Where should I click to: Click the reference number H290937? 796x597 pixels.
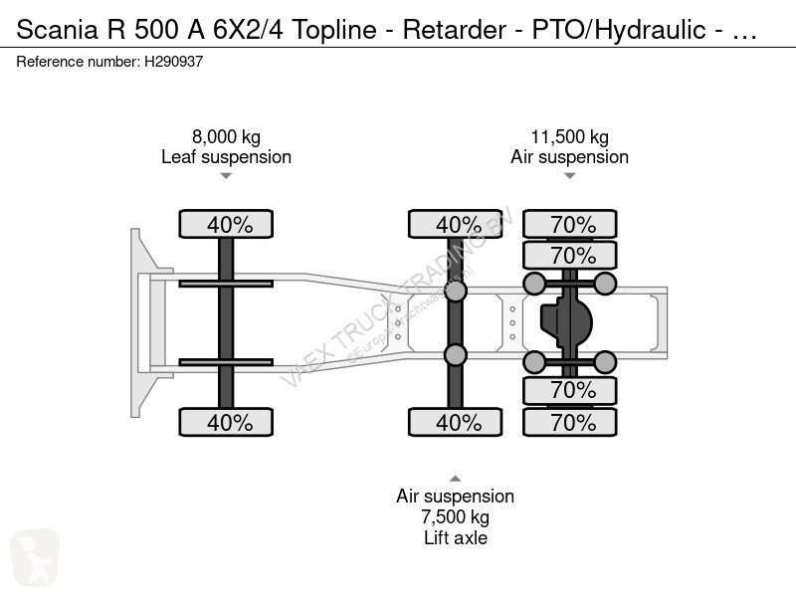pos(173,62)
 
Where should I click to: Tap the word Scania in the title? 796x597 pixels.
pos(58,30)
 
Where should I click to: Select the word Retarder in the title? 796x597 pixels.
pos(455,30)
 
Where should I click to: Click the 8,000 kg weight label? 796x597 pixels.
pos(227,137)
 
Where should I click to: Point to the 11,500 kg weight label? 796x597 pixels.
pos(569,137)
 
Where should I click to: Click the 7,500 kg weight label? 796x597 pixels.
pos(456,516)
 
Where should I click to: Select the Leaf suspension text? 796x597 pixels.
pos(227,157)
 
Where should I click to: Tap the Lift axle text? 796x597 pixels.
pos(456,537)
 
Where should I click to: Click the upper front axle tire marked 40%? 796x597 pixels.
pos(226,224)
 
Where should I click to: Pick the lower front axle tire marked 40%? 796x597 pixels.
pos(226,422)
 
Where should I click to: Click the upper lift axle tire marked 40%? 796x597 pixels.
pos(456,224)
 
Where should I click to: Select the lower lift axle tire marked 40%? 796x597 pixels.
pos(456,422)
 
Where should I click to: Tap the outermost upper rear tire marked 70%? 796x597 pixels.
pos(570,224)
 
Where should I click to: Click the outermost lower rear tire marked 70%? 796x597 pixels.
pos(570,422)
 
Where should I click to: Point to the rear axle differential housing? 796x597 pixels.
pos(566,321)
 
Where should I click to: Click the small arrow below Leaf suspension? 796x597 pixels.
pos(226,176)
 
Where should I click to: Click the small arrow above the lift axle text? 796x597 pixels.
pos(456,479)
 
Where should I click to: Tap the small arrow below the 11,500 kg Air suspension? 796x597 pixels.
pos(569,176)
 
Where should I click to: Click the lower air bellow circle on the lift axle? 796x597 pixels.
pos(456,355)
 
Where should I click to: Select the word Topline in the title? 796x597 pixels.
pos(334,30)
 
